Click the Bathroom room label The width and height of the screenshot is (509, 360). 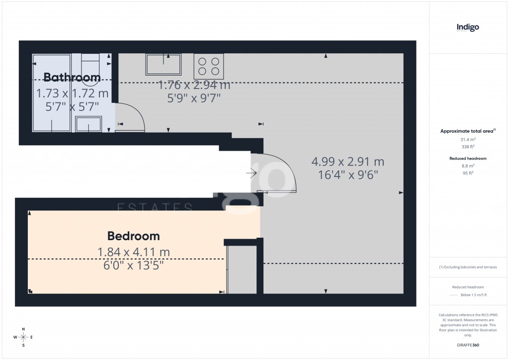[x=72, y=78]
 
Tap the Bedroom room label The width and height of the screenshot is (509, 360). [x=134, y=236]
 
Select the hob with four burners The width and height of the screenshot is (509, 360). [x=209, y=66]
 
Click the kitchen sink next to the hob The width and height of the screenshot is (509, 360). [x=163, y=65]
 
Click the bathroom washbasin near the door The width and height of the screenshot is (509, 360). [x=88, y=124]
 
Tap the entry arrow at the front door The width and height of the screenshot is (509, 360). [x=251, y=174]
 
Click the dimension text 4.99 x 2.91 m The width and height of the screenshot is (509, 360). [x=347, y=162]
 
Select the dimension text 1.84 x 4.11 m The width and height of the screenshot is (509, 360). [x=133, y=252]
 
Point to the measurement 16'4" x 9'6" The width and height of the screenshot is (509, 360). [x=347, y=175]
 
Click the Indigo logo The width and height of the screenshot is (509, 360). [x=468, y=28]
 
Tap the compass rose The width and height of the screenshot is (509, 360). [x=23, y=337]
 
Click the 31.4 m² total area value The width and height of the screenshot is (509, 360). [x=468, y=140]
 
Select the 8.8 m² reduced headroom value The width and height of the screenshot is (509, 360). [x=468, y=166]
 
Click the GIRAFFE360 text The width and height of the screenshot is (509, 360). [x=468, y=345]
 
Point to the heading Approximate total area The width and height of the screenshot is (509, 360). [x=466, y=131]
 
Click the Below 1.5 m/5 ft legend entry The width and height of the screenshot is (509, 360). [x=473, y=295]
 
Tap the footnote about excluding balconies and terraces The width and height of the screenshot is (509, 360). [x=468, y=267]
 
